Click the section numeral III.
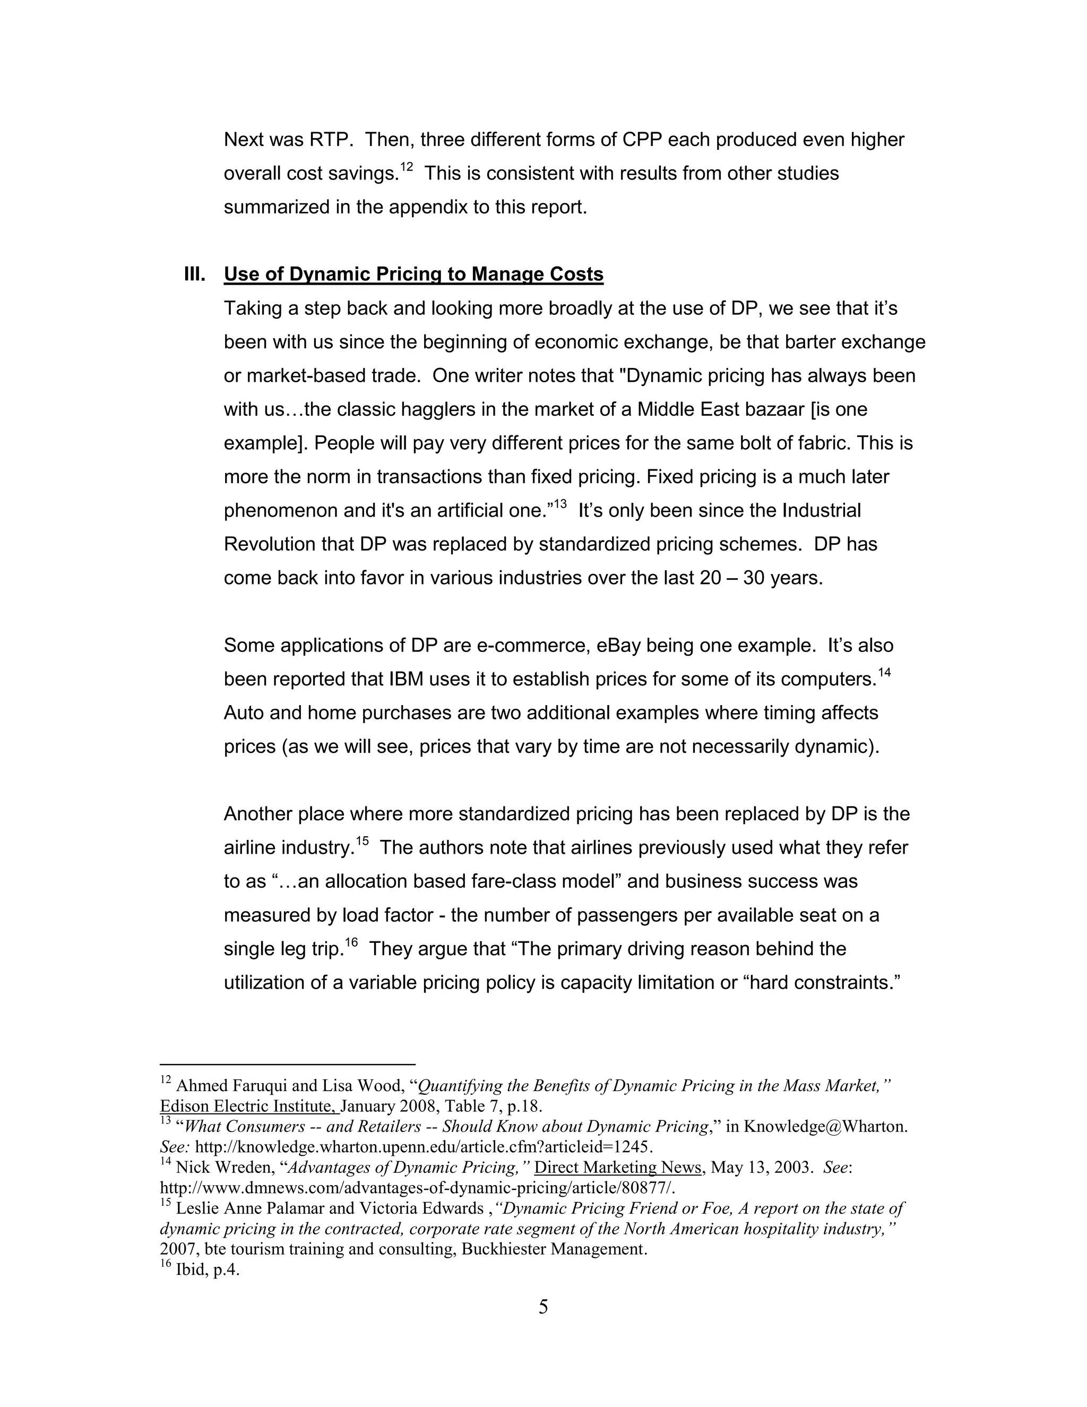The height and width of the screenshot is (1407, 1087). [x=194, y=274]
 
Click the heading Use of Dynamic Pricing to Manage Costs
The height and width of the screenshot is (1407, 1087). [x=413, y=274]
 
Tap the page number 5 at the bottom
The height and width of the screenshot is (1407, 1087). [x=543, y=1307]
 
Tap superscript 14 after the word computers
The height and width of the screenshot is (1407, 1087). [x=884, y=673]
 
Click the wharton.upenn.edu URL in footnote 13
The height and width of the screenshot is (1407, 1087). [x=424, y=1147]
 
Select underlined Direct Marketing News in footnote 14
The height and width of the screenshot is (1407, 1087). [x=618, y=1168]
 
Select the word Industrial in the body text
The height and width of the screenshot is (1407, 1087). [x=821, y=510]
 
